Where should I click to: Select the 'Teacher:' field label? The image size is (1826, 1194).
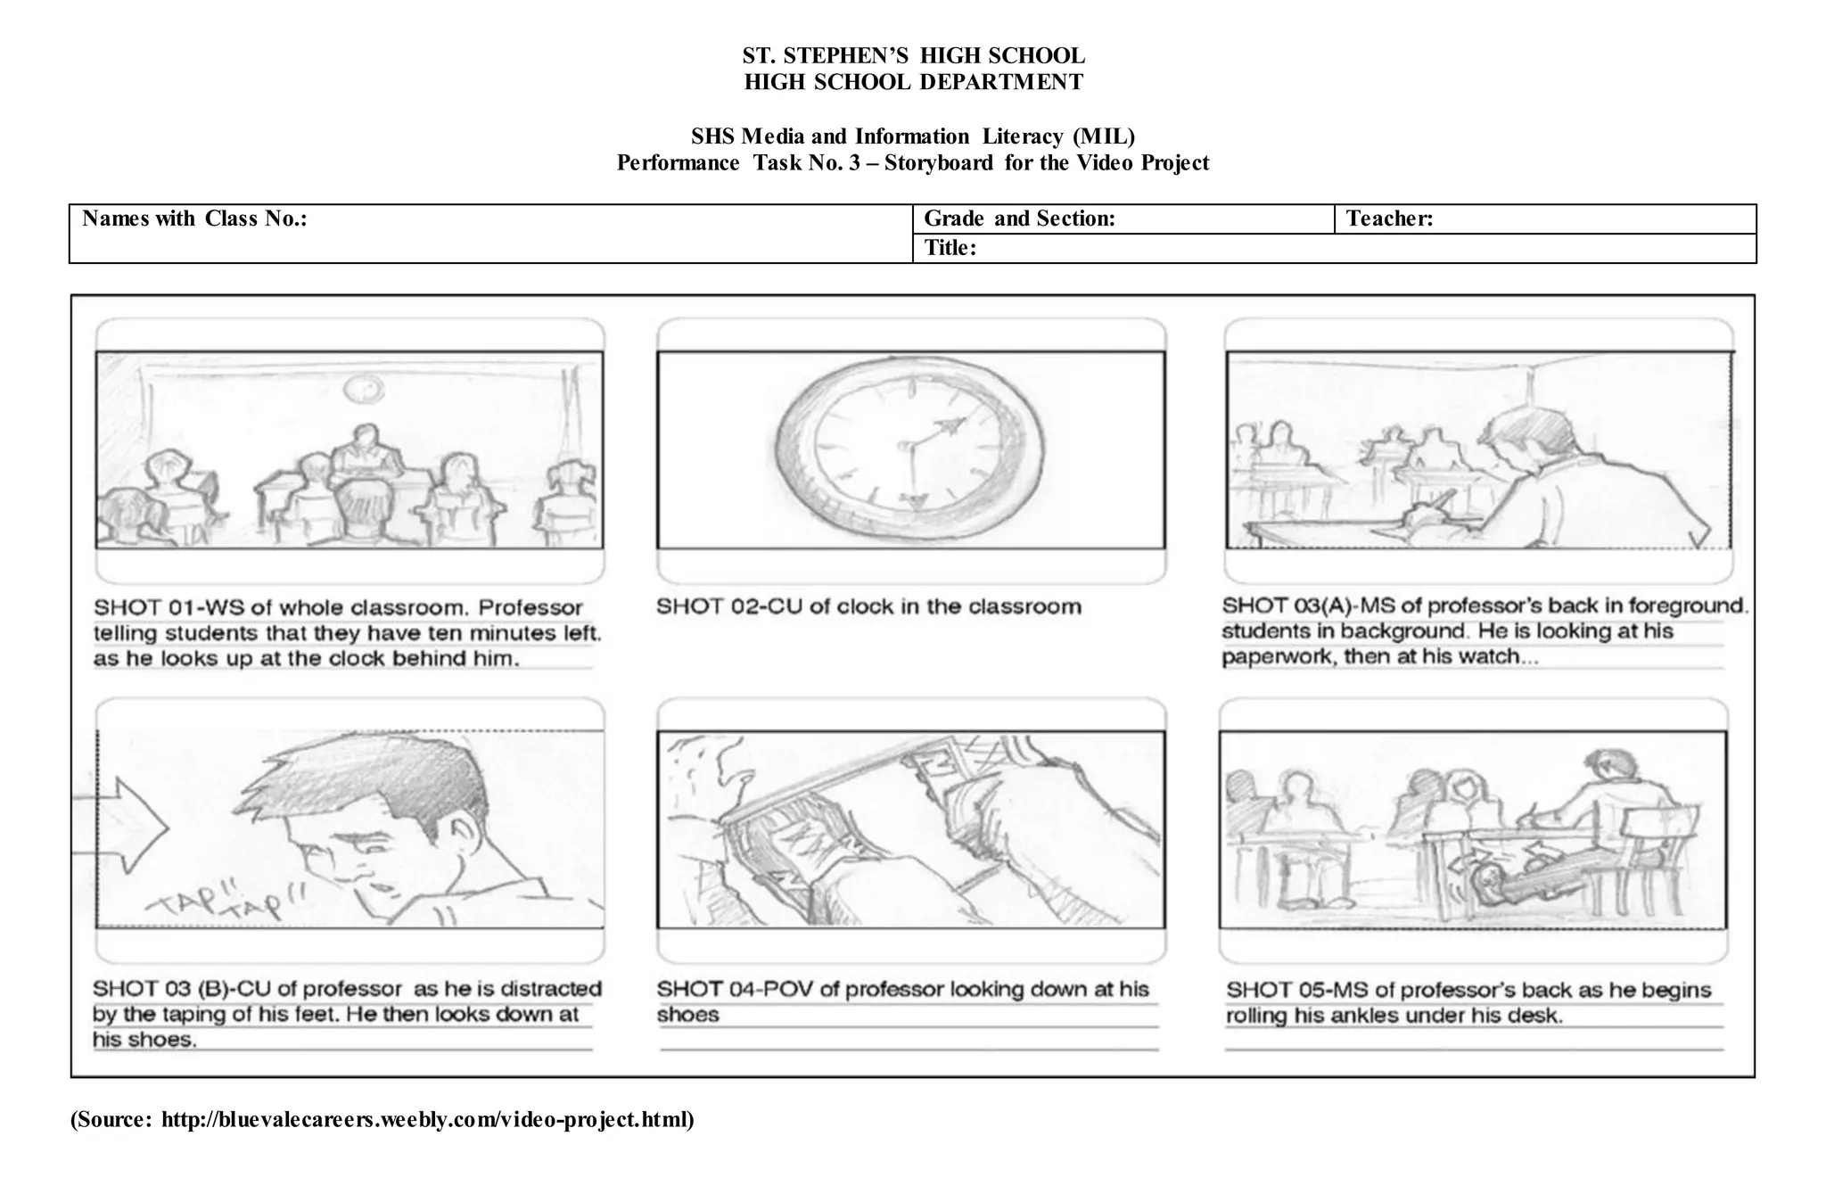1389,218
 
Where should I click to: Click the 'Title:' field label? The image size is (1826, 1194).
950,248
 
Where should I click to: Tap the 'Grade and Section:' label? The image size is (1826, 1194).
1019,218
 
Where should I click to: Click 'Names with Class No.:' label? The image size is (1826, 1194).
194,218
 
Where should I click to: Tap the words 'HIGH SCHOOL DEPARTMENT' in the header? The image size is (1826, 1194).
913,82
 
